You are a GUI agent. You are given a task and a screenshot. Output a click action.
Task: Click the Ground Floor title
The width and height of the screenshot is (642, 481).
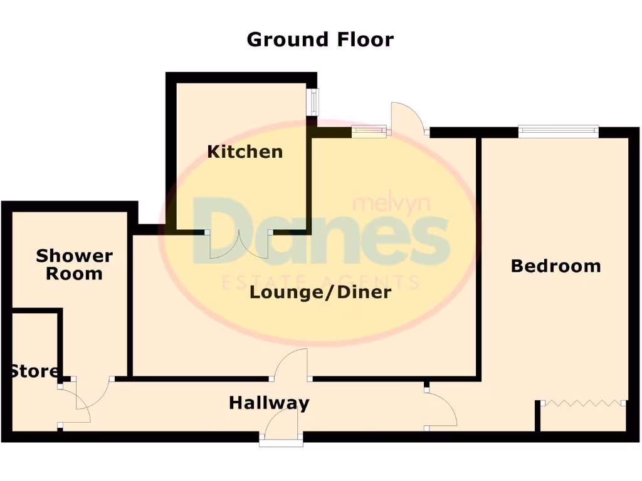[320, 39]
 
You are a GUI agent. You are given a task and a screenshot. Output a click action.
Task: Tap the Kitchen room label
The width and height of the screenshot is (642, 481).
[245, 152]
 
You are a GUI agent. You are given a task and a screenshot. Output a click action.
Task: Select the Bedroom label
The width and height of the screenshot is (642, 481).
[555, 266]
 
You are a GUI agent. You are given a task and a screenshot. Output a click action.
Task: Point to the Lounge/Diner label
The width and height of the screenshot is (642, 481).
[320, 292]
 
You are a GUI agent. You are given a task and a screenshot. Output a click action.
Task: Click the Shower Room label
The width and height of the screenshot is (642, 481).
[74, 264]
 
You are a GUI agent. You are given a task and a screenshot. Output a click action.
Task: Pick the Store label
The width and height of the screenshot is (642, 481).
[34, 371]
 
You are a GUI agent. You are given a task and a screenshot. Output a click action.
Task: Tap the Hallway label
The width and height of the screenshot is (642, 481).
[269, 403]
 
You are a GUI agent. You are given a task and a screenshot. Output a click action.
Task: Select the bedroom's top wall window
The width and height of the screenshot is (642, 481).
[558, 132]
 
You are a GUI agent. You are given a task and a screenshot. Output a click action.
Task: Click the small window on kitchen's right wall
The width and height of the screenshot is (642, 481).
[312, 101]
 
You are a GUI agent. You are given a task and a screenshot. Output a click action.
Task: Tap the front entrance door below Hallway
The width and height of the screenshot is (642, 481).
[282, 429]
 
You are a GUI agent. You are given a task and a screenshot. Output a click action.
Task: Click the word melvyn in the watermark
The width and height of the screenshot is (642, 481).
[378, 204]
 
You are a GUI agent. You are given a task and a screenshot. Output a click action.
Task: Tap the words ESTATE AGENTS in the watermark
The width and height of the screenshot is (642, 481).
[320, 283]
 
